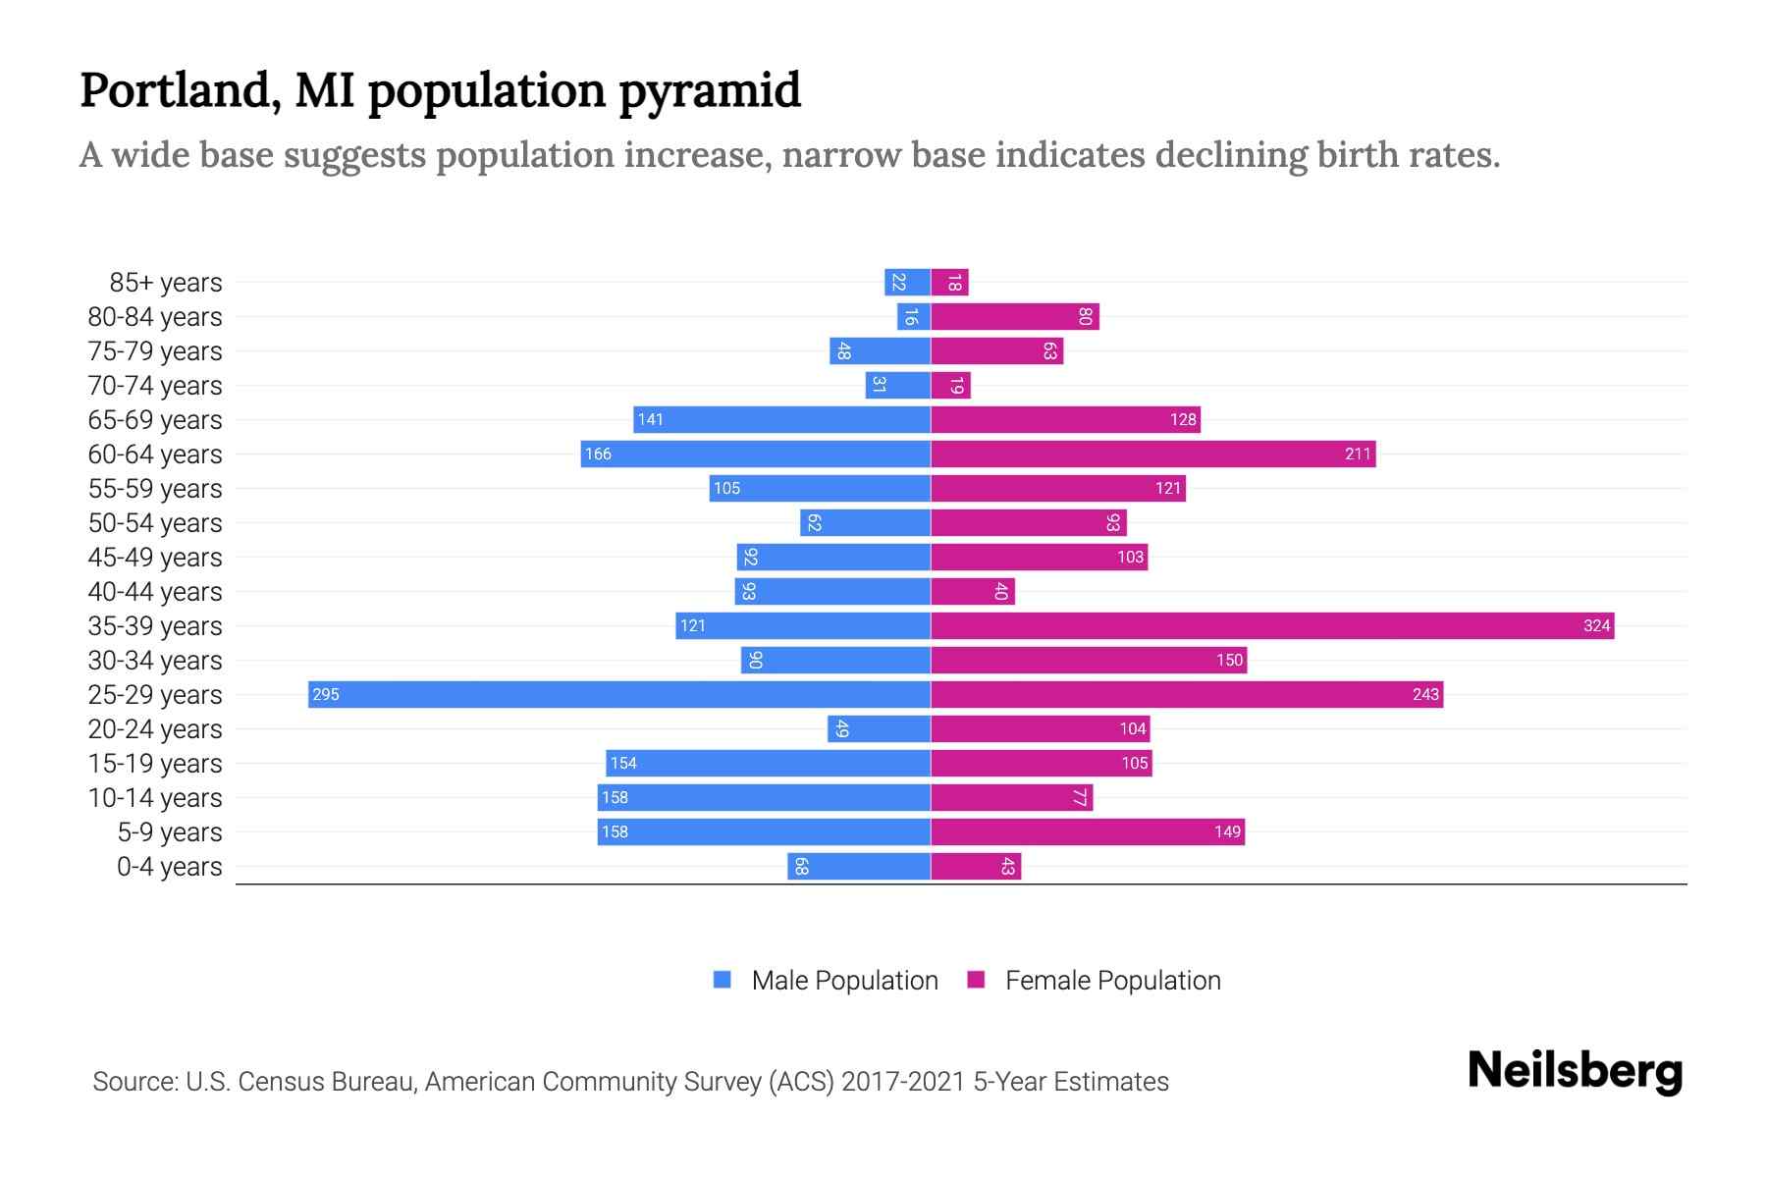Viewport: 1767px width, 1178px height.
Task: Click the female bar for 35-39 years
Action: point(1272,625)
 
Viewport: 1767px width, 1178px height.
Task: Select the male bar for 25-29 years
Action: point(618,694)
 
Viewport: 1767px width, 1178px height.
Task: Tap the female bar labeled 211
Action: point(1152,454)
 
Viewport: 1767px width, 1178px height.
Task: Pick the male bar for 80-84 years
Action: point(913,316)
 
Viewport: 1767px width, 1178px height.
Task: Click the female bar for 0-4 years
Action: point(976,866)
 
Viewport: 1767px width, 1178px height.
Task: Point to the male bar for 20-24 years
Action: point(879,728)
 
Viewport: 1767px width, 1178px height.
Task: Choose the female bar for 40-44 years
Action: point(972,591)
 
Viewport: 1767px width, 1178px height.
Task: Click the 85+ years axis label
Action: point(165,283)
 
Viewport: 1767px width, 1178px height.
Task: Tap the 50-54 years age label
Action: point(155,523)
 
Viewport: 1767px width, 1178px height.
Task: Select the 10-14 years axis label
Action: point(155,798)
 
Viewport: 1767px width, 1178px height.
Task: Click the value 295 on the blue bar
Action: point(325,695)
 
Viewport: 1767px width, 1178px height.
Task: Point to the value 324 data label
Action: point(1596,626)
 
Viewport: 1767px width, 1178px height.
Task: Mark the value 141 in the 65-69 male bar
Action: point(650,420)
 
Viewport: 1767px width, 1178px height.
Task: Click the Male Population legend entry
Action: point(843,981)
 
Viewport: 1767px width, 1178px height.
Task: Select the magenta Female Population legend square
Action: point(976,980)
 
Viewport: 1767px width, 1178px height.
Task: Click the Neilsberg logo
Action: point(1575,1071)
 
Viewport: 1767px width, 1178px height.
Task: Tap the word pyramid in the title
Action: point(710,91)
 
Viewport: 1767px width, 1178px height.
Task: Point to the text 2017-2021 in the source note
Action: point(902,1082)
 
